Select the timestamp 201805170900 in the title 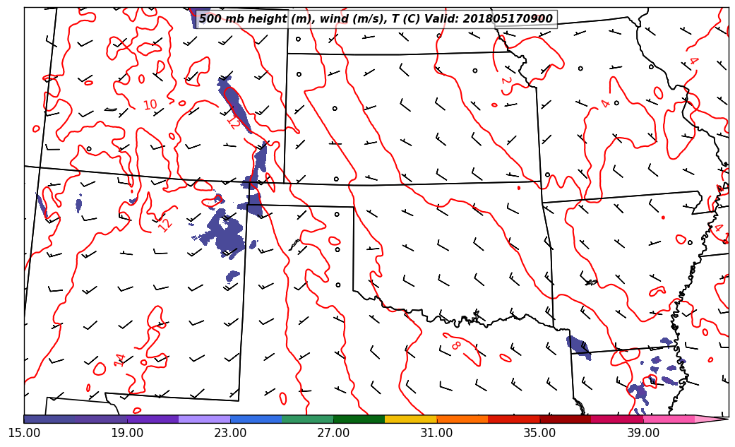(x=508, y=19)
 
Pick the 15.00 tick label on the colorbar (x=24, y=432)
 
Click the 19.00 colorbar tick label (x=127, y=432)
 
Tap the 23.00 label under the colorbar (x=230, y=432)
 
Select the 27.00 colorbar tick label (x=333, y=432)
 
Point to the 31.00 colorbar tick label (x=436, y=432)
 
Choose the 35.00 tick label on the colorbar (x=539, y=432)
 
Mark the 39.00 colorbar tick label (x=643, y=432)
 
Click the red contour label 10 (x=150, y=105)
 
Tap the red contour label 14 (x=120, y=359)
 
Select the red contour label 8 (x=456, y=345)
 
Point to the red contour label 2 (x=506, y=81)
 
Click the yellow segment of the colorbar (x=410, y=419)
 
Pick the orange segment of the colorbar (x=462, y=419)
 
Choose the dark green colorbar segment (x=359, y=419)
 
